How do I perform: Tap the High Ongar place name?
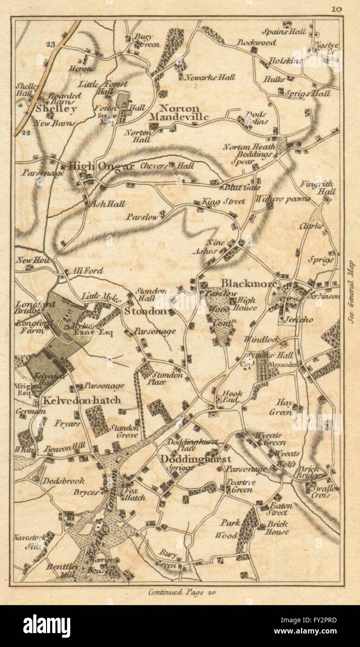tap(101, 166)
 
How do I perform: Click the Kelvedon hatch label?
tap(82, 400)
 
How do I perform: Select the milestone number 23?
tap(51, 44)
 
